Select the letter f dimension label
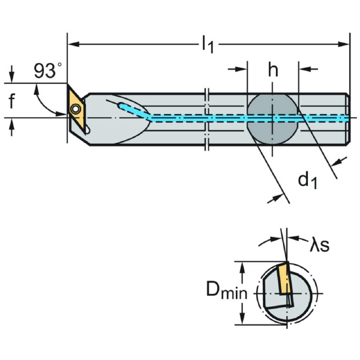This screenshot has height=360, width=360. (x=11, y=102)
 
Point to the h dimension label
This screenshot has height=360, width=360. (x=273, y=70)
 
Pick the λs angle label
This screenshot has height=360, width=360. (x=319, y=244)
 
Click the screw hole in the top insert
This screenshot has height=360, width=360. (x=76, y=109)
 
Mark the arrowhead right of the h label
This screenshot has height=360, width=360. (x=302, y=70)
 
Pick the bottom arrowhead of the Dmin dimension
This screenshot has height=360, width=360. (x=242, y=322)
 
